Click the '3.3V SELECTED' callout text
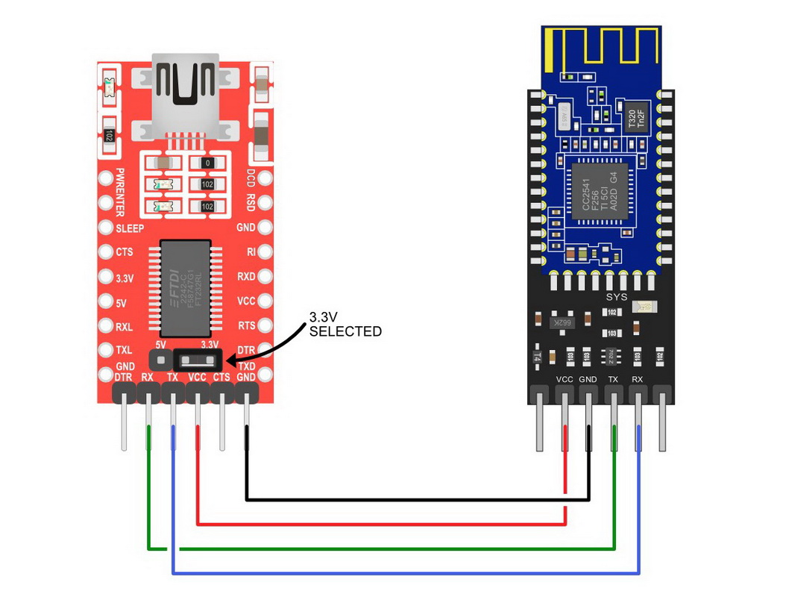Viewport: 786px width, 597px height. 345,325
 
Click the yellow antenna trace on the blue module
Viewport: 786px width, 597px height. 600,46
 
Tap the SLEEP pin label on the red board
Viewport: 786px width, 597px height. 130,228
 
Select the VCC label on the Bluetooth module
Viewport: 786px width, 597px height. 565,379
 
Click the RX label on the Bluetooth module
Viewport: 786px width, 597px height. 638,379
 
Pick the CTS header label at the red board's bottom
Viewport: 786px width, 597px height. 221,378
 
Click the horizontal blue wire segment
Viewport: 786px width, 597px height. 406,573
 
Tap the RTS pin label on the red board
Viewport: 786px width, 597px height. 246,325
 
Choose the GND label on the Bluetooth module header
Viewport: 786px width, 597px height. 588,379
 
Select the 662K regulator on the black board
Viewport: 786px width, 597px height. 562,323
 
